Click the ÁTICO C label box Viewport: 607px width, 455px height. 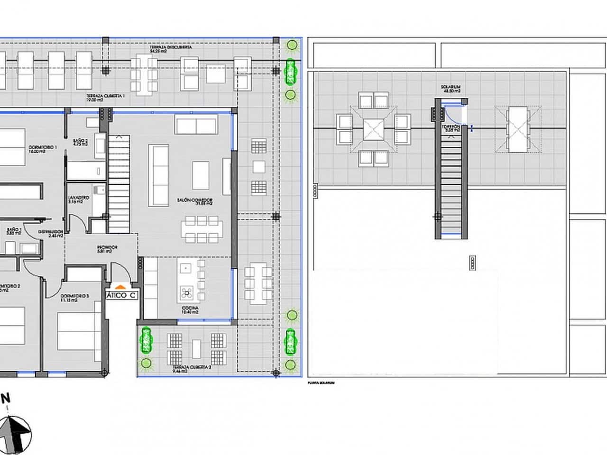[x=122, y=295]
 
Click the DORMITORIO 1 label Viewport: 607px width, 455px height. [x=43, y=149]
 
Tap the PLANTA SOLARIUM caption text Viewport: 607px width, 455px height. [x=321, y=382]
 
